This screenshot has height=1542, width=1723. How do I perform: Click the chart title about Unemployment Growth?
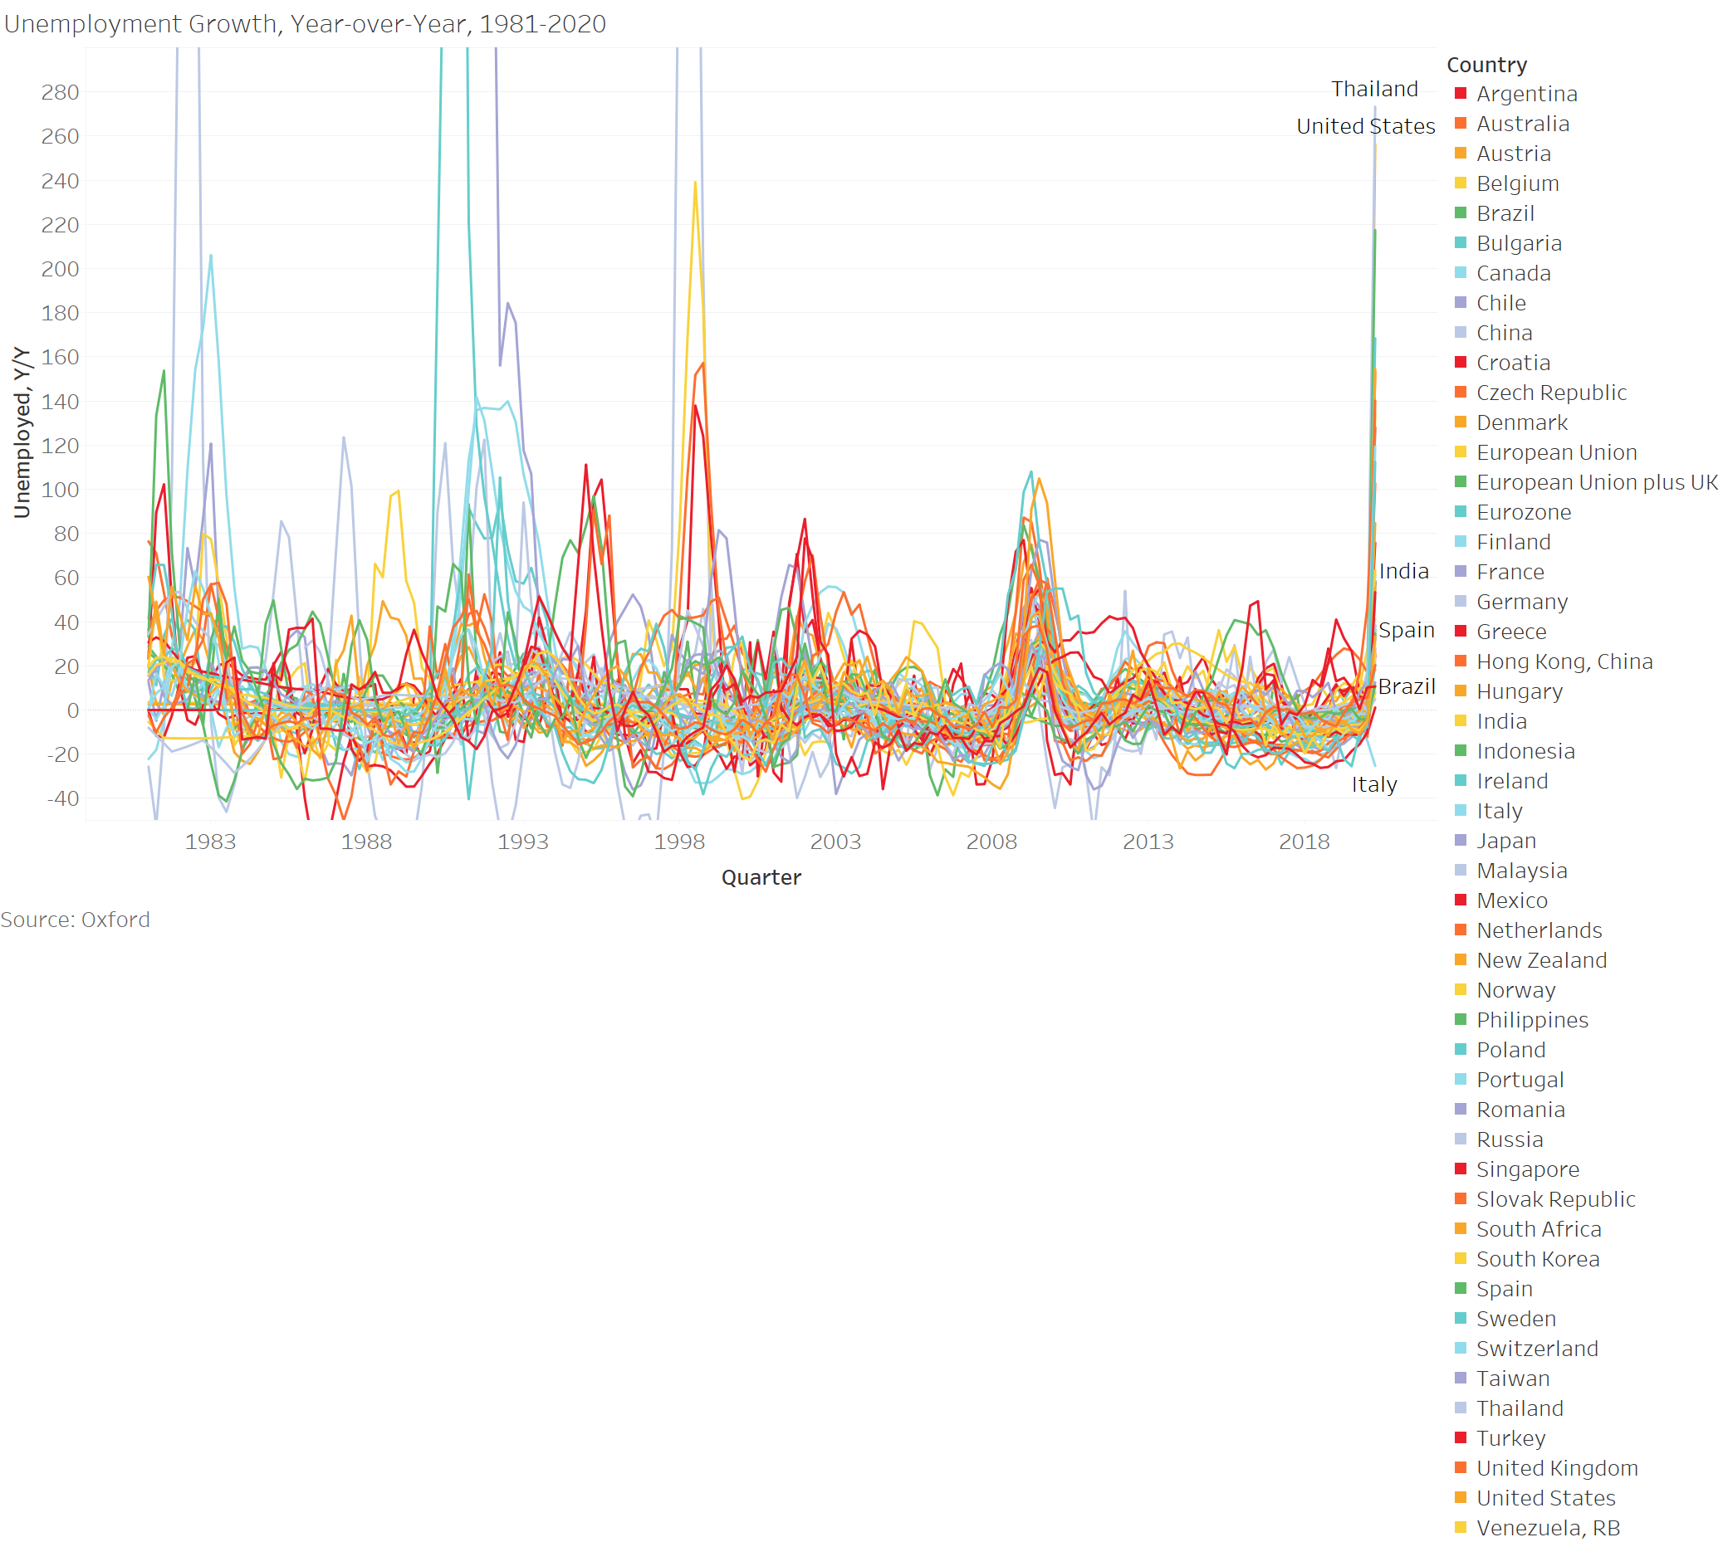coord(305,24)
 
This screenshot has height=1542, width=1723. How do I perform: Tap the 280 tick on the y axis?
coord(60,92)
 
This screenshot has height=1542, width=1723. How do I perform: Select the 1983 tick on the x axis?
coord(210,842)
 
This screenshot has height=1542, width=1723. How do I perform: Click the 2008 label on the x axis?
coord(991,842)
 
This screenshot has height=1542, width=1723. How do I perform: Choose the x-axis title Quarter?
coord(761,877)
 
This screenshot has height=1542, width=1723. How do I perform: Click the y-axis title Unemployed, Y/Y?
coord(22,432)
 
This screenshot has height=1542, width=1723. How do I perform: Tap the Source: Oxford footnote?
coord(76,920)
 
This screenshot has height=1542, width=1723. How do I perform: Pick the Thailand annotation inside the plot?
coord(1373,89)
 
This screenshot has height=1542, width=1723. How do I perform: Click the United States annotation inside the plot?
coord(1365,126)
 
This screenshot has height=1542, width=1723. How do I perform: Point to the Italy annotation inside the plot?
coord(1373,784)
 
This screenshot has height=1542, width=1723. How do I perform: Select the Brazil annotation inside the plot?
coord(1406,686)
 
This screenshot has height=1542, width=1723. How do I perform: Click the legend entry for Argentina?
coord(1526,94)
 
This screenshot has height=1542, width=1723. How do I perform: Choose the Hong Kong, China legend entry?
coord(1564,661)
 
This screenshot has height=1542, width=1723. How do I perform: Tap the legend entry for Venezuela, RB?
coord(1548,1528)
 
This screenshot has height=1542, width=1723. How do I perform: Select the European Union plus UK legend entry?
coord(1596,482)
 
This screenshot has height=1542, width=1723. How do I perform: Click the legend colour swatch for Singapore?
coord(1461,1169)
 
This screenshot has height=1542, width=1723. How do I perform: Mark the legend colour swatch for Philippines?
coord(1461,1020)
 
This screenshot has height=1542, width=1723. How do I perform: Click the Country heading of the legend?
coord(1486,66)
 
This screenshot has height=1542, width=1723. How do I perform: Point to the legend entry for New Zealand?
coord(1541,960)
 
